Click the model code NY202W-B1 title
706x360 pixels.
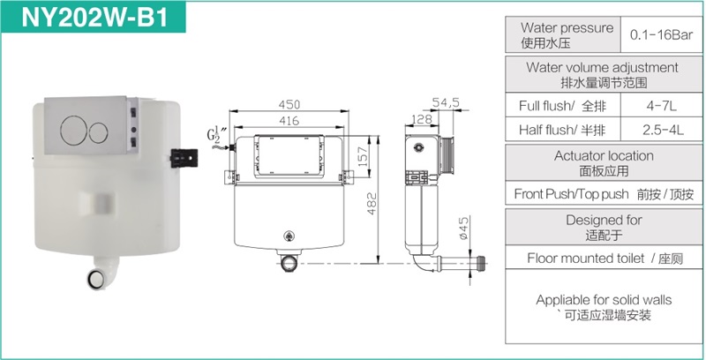[x=94, y=17]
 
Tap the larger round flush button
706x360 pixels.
[x=73, y=131]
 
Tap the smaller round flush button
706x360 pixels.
[x=98, y=131]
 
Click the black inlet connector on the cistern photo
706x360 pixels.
[x=184, y=159]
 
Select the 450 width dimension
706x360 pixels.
[x=289, y=104]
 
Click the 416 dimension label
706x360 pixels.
[x=289, y=121]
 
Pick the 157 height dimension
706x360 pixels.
[x=364, y=155]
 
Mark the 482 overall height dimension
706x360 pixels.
[x=372, y=204]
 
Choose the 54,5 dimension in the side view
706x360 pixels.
[x=446, y=102]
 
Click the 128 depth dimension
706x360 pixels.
[x=422, y=119]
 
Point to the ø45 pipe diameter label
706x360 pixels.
[x=464, y=229]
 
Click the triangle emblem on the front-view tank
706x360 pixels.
[x=289, y=235]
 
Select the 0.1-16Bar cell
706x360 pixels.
[x=661, y=35]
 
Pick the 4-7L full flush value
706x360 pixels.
[x=661, y=106]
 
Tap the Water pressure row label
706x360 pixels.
[x=567, y=35]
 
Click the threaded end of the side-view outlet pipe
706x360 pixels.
[x=481, y=262]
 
